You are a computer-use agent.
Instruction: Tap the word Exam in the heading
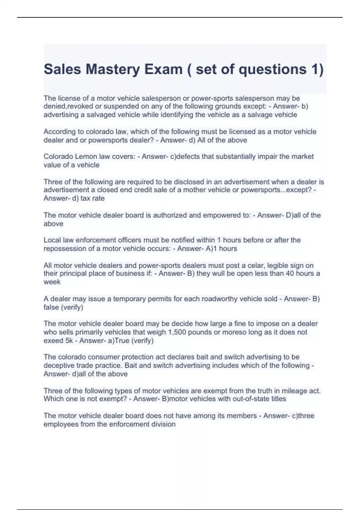pyautogui.click(x=163, y=70)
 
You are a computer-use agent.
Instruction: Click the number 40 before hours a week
pyautogui.click(x=290, y=274)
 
